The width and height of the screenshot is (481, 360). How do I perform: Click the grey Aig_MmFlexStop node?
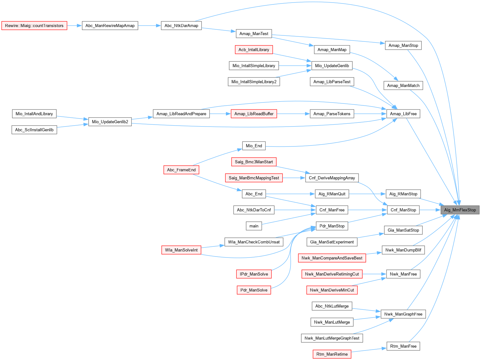pos(460,210)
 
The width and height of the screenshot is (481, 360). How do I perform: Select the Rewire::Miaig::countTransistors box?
pos(34,26)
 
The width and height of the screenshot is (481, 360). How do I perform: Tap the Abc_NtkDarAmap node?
pos(181,26)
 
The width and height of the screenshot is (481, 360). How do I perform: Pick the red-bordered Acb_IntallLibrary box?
pos(254,50)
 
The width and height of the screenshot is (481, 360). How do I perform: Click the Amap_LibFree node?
pos(403,114)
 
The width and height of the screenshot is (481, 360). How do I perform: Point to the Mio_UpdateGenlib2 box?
pos(110,122)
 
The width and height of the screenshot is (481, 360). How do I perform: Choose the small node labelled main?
pos(254,226)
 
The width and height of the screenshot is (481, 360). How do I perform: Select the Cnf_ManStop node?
pos(403,210)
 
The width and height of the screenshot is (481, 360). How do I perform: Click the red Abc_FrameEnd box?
pos(181,170)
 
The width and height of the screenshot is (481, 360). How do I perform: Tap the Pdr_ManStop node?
pos(332,226)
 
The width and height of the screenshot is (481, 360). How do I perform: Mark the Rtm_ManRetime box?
pos(332,354)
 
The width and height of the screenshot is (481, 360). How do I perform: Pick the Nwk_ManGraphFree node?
pos(403,314)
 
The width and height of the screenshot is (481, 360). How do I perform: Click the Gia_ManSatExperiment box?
pos(332,242)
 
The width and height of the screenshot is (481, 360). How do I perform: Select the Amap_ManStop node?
pos(403,46)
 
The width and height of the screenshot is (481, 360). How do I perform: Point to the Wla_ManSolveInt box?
pos(181,250)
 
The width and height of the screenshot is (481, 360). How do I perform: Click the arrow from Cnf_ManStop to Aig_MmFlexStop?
pos(430,210)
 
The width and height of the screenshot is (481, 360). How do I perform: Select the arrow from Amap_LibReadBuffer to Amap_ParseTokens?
pos(293,114)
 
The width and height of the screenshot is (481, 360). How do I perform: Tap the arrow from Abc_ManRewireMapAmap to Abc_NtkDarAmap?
pos(149,26)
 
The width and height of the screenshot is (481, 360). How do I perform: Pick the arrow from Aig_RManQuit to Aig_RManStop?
pos(367,194)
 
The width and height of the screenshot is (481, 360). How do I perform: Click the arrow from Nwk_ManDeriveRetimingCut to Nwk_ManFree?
pos(374,274)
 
